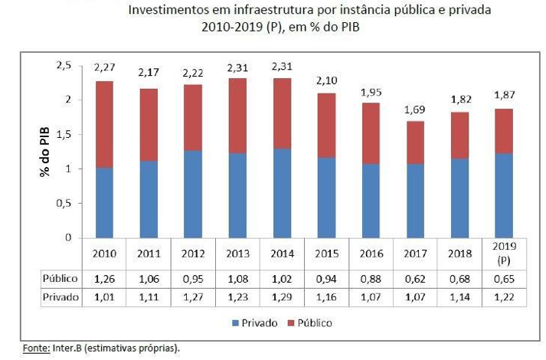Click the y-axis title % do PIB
45,152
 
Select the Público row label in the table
59,279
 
